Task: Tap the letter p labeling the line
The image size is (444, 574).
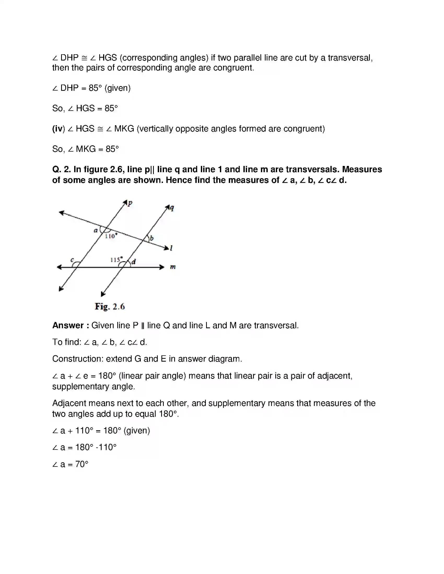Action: tap(130, 203)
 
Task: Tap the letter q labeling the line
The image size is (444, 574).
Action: tap(172, 208)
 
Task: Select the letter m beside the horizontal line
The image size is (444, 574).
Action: tap(173, 267)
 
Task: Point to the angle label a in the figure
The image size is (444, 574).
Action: tap(96, 230)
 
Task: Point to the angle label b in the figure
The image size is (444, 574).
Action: tap(152, 238)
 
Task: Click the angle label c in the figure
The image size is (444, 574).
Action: tap(72, 260)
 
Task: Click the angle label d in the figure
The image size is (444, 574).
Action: tap(134, 262)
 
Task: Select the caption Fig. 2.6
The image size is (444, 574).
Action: tap(110, 307)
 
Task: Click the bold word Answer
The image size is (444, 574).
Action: tap(68, 325)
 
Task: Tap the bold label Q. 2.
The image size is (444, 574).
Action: tap(62, 169)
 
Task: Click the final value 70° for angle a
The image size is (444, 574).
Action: tap(81, 464)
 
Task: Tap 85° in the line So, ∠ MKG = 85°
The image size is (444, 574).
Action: tap(112, 149)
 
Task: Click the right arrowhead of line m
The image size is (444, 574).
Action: tap(162, 267)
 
